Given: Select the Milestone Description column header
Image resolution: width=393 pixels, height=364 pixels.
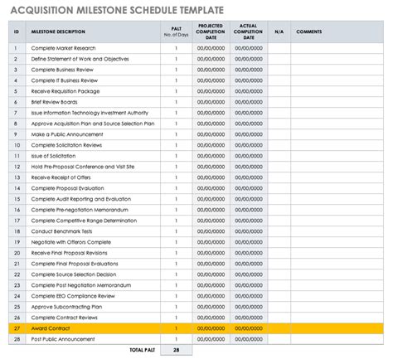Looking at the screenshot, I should pyautogui.click(x=58, y=32).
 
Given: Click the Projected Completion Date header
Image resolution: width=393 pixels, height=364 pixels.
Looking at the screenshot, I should pyautogui.click(x=211, y=32).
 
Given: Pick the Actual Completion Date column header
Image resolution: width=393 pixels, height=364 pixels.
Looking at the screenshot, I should pyautogui.click(x=247, y=32).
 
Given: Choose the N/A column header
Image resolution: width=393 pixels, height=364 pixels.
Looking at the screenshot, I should pyautogui.click(x=279, y=32).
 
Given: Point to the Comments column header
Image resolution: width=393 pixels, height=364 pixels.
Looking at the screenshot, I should pyautogui.click(x=309, y=32).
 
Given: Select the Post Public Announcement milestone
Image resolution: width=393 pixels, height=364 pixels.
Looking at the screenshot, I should pyautogui.click(x=63, y=338).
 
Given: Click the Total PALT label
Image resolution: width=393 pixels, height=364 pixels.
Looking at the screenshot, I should pyautogui.click(x=141, y=351).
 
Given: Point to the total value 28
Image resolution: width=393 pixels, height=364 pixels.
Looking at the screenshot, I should pyautogui.click(x=176, y=351).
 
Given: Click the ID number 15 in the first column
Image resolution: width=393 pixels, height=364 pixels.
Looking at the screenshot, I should pyautogui.click(x=16, y=198).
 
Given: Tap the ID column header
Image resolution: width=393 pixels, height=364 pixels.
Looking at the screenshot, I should pyautogui.click(x=16, y=32).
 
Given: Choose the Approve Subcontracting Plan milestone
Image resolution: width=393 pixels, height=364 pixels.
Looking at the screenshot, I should pyautogui.click(x=66, y=306).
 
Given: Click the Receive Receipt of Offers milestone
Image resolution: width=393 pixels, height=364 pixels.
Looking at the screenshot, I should pyautogui.click(x=63, y=177).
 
